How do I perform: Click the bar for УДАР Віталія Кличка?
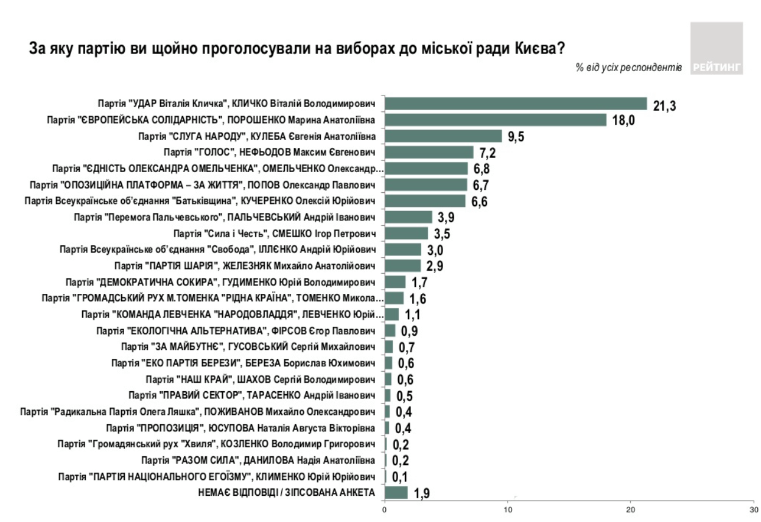point(516,103)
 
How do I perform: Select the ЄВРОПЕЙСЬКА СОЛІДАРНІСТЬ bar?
point(496,120)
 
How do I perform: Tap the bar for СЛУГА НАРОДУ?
point(443,136)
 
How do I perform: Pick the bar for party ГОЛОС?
point(429,152)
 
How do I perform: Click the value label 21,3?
point(665,106)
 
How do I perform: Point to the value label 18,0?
point(623,120)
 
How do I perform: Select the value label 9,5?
point(516,137)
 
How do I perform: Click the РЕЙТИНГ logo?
point(717,48)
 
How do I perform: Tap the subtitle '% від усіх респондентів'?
point(629,68)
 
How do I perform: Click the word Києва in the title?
point(539,49)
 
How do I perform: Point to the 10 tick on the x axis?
point(508,510)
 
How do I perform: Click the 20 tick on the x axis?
point(631,510)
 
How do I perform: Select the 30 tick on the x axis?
point(754,510)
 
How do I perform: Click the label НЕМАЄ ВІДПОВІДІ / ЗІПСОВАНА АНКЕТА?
point(287,492)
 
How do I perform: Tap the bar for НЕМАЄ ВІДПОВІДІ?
point(396,493)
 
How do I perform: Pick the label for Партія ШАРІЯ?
point(245,266)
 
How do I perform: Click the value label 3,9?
point(446,218)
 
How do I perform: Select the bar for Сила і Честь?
point(406,234)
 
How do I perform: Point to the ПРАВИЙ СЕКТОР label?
point(252,395)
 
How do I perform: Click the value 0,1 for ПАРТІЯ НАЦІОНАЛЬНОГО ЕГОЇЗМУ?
point(400,477)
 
